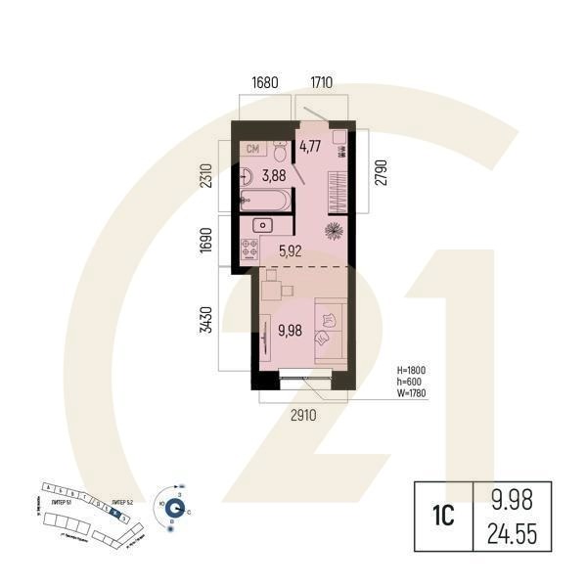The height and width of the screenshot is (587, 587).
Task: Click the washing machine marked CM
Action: coord(253,150)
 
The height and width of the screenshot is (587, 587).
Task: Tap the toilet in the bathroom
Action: coord(280,152)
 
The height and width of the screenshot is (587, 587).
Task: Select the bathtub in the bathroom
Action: coord(266,203)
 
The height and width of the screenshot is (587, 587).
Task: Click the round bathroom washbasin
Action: coord(248,176)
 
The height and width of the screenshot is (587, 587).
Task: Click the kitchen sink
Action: coord(262,227)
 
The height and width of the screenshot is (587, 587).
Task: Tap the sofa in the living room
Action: coord(328,330)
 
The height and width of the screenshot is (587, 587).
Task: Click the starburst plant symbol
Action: coord(333,232)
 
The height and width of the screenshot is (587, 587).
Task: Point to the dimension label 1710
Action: coord(327,83)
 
